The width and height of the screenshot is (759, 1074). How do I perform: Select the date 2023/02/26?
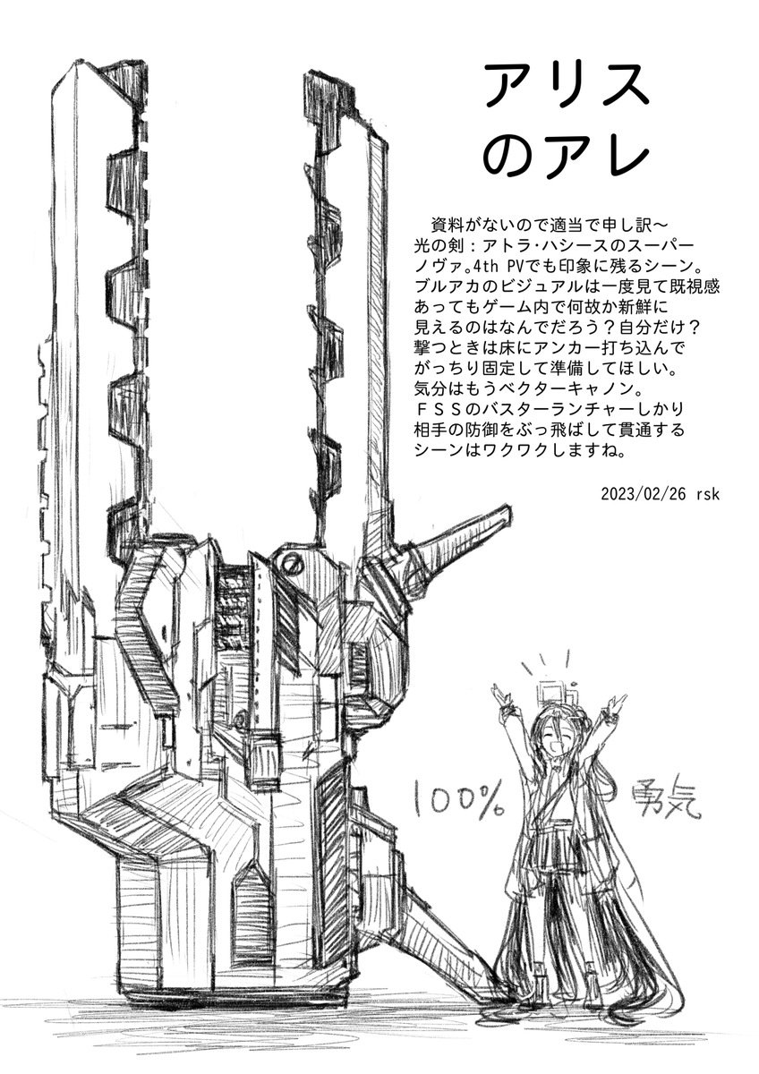point(639,494)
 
